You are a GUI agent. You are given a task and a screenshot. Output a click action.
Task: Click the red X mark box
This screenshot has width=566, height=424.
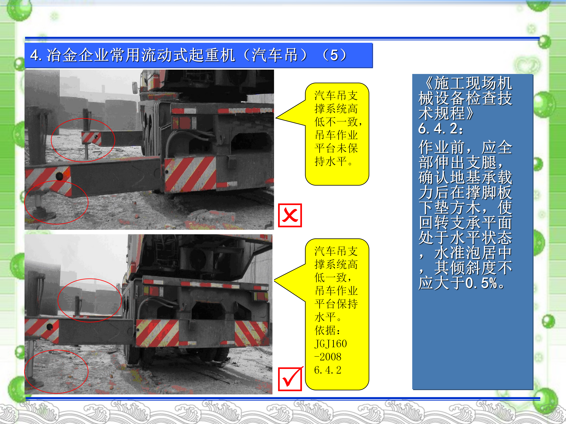[x=290, y=215]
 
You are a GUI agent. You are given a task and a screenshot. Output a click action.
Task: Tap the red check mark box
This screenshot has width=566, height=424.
[x=290, y=379]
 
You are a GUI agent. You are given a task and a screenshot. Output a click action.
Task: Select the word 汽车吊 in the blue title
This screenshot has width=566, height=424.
[x=275, y=55]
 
